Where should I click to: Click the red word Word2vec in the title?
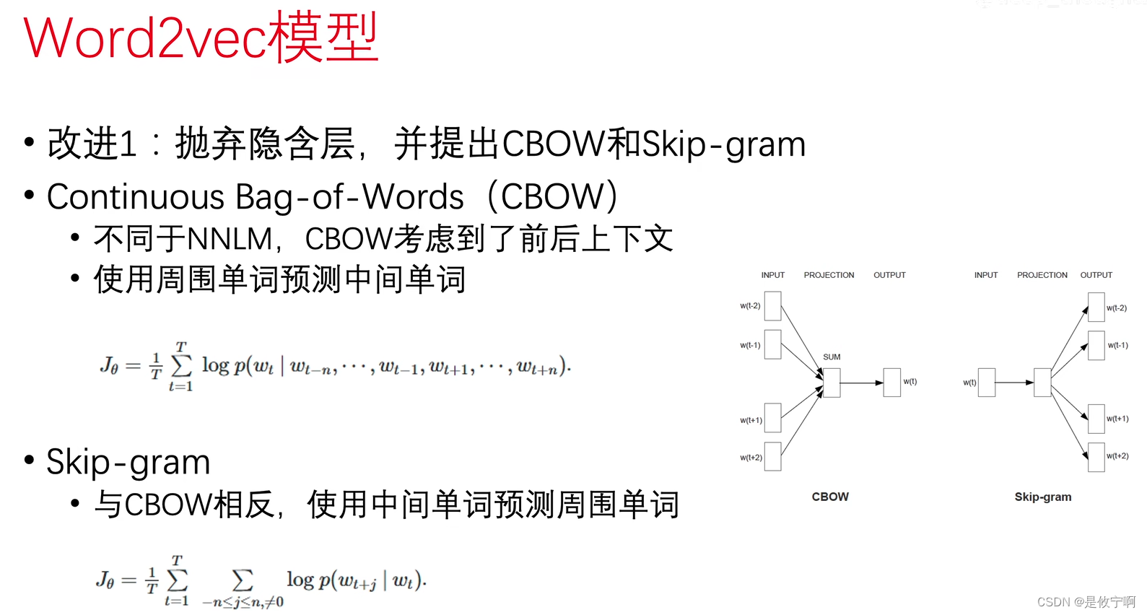tap(144, 38)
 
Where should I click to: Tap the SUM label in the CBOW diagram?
tap(832, 357)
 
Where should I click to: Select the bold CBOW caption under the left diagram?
tap(830, 497)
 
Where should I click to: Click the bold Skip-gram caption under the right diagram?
tap(1042, 497)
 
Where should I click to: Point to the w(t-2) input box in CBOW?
tap(772, 306)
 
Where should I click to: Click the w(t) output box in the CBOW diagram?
tap(892, 382)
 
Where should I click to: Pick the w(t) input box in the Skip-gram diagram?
tap(987, 383)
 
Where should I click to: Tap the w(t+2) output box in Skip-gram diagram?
tap(1096, 457)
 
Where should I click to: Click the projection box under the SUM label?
tap(832, 383)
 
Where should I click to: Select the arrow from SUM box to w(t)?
tap(862, 383)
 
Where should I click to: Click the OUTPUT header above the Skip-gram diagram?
tap(1096, 275)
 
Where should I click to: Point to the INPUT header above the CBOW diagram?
tap(772, 275)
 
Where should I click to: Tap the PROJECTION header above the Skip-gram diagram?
tap(1042, 275)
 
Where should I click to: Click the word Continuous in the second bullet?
tap(136, 197)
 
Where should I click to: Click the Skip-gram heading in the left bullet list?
tap(128, 462)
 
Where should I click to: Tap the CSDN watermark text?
tap(1086, 602)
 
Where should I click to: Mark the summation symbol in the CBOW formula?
tap(181, 366)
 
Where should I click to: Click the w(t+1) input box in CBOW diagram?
tap(772, 418)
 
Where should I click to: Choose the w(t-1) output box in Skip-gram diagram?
tap(1096, 345)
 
